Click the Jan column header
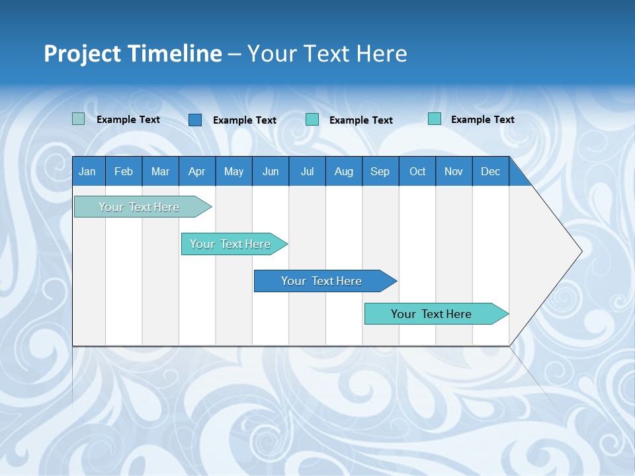pos(87,171)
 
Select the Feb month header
pos(124,171)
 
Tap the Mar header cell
pos(160,171)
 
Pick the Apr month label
pos(196,171)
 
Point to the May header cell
pos(233,171)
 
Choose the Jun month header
pos(271,171)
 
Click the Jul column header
pos(307,171)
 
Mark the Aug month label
pos(343,171)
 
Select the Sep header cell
pos(380,171)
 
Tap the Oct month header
pos(417,171)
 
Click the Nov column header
pos(454,171)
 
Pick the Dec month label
pos(490,171)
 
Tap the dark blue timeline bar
pos(322,281)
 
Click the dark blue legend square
pos(195,120)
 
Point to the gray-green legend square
pos(78,119)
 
